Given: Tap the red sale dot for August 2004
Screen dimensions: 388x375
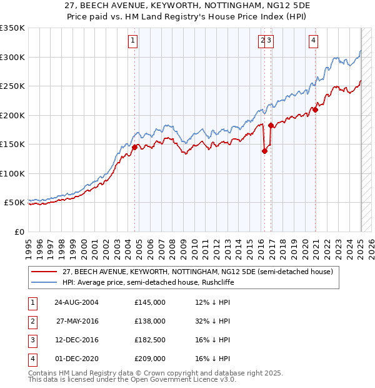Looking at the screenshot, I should (x=134, y=148).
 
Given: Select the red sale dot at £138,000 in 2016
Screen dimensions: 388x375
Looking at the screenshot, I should (x=264, y=151).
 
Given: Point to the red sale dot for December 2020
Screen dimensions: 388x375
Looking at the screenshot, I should (x=316, y=110).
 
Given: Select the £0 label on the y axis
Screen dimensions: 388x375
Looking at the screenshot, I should (x=19, y=232).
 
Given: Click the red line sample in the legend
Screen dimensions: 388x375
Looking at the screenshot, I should (x=45, y=272).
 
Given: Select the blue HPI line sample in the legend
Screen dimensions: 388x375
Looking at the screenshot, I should (x=45, y=282).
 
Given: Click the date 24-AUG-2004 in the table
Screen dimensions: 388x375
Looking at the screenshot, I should (x=76, y=302).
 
